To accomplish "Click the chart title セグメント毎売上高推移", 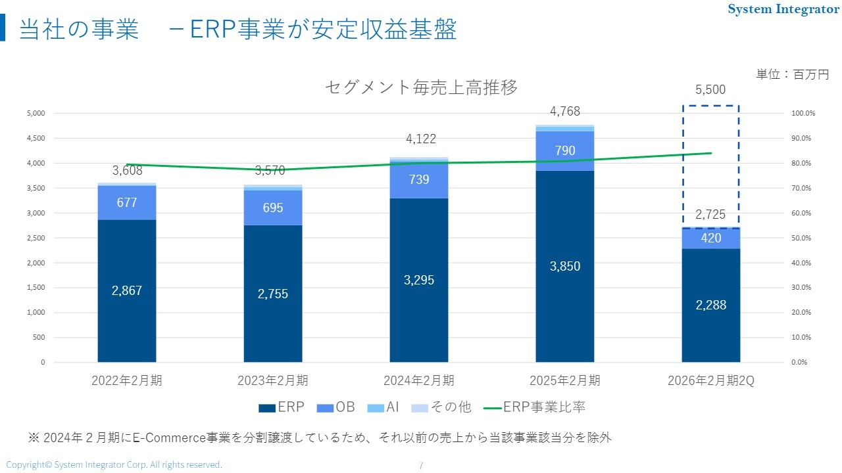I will [421, 87].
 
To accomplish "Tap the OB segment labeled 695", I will [273, 208].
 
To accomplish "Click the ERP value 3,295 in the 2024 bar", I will [418, 280].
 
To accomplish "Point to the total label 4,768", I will [564, 112].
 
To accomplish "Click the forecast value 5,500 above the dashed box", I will [710, 90].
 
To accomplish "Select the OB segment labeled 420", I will [710, 238].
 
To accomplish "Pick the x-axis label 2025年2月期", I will [564, 380].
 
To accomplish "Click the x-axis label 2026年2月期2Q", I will [710, 380].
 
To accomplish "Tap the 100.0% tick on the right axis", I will [803, 113].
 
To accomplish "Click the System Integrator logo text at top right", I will [783, 9].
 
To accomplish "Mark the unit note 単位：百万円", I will [792, 74].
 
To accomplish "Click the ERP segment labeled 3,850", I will [564, 266].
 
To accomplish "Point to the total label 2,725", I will [710, 215].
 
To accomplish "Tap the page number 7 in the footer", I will [421, 465].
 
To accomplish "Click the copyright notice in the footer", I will [114, 464].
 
